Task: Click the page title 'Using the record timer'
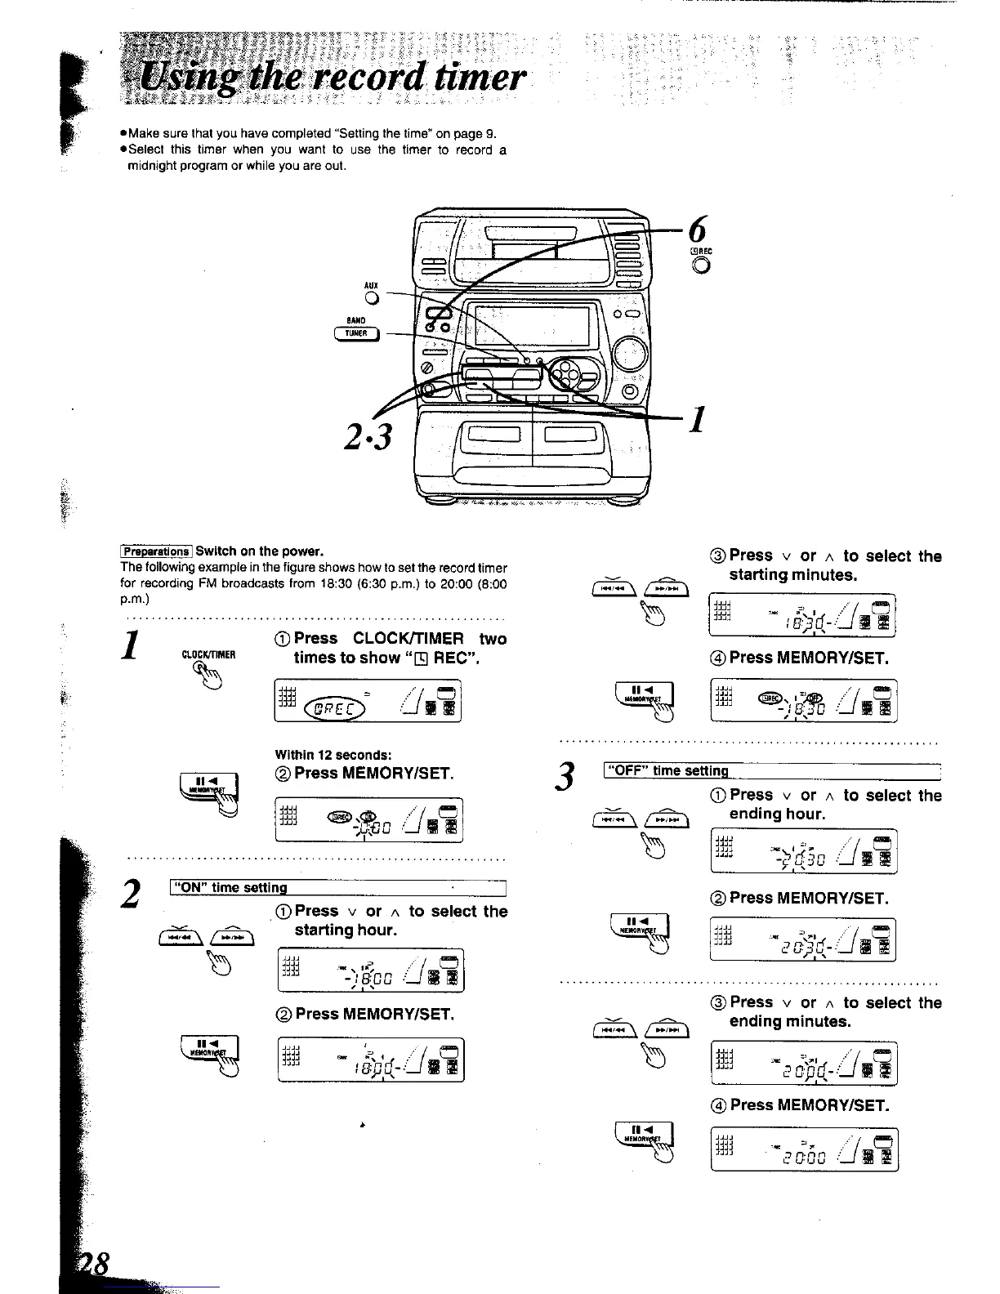[x=332, y=78]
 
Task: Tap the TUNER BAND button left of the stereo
[x=355, y=332]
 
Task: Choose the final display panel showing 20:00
[x=804, y=1149]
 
